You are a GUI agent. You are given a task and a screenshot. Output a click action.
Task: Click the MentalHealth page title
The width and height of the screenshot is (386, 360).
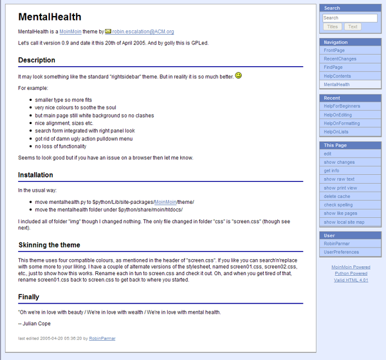pos(50,17)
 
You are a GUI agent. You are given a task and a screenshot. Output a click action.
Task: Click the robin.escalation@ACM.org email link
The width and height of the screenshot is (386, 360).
pos(143,31)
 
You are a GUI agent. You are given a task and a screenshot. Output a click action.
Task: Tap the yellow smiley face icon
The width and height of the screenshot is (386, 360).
pos(238,75)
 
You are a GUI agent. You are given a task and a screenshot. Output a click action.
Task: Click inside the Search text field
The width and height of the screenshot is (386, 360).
pos(349,18)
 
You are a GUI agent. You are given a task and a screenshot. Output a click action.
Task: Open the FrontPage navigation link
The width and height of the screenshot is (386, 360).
pos(334,50)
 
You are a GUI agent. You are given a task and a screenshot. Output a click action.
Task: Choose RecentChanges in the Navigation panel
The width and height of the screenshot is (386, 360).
pos(339,59)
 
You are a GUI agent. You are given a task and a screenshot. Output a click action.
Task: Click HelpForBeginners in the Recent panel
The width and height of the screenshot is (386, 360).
pos(342,106)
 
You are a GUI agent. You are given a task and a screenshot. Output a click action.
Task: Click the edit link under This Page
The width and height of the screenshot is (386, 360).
pos(327,154)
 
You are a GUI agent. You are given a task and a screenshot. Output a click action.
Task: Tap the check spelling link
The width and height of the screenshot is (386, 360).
pos(338,204)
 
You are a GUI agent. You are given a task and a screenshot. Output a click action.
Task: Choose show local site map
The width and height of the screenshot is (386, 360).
pos(344,222)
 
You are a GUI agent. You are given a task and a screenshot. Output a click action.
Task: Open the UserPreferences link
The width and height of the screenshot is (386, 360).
pos(342,252)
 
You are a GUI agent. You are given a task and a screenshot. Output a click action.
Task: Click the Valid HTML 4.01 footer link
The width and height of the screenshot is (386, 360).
pos(351,280)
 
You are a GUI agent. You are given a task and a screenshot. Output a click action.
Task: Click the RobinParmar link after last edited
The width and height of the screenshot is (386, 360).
pos(102,338)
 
